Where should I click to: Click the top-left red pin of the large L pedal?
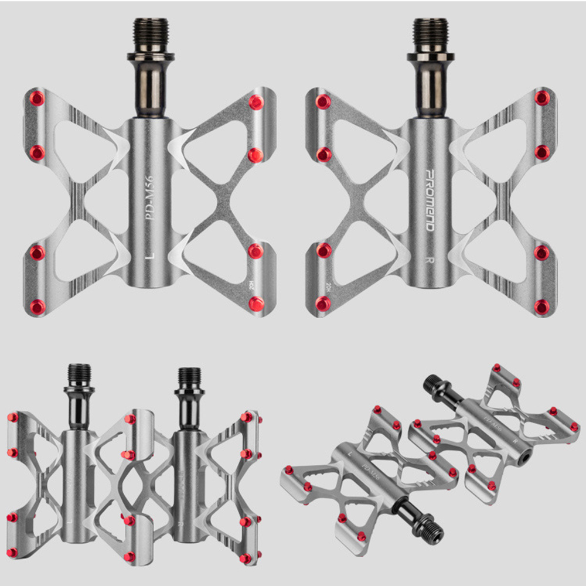click(38, 98)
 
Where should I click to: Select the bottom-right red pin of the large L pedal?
click(256, 304)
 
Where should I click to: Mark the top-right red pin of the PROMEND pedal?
click(542, 98)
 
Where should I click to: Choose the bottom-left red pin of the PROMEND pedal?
click(323, 304)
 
